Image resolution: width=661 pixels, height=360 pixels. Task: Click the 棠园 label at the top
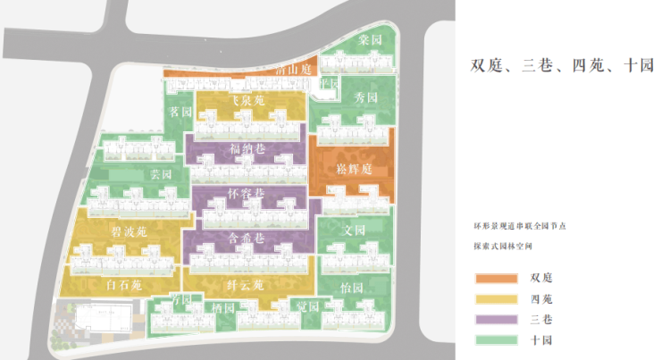[370, 40]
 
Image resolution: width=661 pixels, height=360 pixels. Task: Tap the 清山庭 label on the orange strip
[291, 71]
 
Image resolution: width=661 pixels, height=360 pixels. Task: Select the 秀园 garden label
[366, 97]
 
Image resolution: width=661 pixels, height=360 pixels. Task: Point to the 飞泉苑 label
[244, 102]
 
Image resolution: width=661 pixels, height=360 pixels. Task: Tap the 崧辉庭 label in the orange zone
[354, 168]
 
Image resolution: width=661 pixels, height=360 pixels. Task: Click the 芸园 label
[161, 174]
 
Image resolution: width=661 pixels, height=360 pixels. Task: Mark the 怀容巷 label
[247, 193]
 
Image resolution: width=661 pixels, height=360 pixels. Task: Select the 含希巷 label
[247, 238]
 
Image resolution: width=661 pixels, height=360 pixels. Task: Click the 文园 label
[354, 230]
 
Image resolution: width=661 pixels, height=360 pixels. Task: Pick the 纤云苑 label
[245, 286]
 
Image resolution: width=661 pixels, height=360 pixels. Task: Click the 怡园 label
[352, 289]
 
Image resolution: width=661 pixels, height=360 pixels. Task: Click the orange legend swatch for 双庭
[497, 277]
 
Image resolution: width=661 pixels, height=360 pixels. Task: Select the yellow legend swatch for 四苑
[497, 298]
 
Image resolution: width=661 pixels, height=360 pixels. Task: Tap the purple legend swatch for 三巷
[497, 319]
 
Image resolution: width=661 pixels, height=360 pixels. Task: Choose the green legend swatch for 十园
[497, 340]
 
